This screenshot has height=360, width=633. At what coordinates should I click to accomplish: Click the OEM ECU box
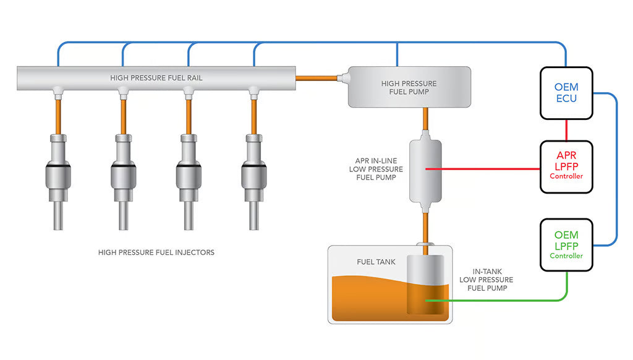coord(566,93)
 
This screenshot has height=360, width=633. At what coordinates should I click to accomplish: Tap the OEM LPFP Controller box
coord(566,244)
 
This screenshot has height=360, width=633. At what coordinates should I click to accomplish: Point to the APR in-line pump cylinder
coord(425,170)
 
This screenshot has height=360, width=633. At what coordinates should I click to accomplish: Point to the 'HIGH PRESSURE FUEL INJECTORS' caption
coord(156,252)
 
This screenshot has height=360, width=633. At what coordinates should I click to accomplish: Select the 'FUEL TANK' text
coord(375,262)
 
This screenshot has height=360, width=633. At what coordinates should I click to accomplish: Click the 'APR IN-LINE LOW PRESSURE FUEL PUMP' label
coord(376,169)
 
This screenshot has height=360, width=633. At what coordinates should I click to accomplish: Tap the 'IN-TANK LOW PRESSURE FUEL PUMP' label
coord(486,280)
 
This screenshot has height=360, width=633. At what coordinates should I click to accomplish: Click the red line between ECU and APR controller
coord(566,130)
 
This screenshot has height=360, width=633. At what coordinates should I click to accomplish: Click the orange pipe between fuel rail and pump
coord(316,78)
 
